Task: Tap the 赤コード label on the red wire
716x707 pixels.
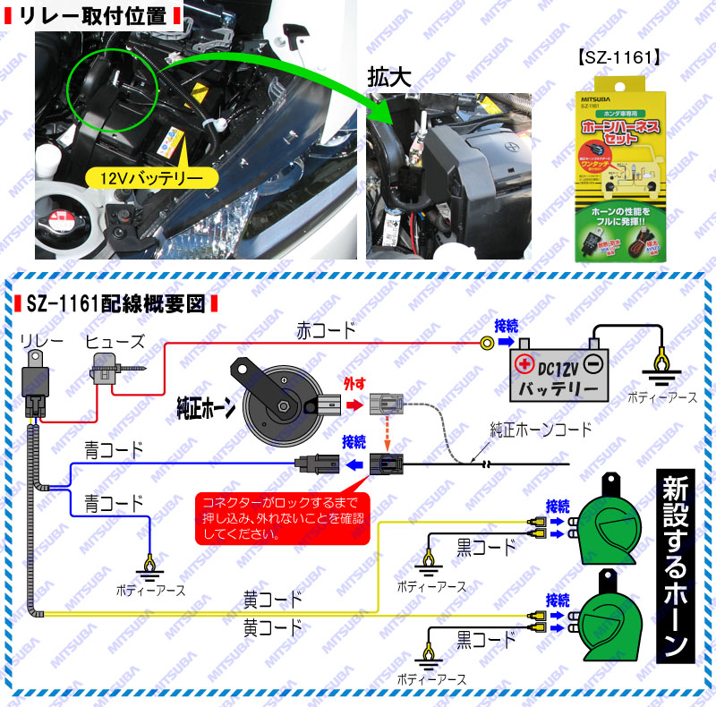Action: pos(326,330)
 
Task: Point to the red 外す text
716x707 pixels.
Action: pos(356,383)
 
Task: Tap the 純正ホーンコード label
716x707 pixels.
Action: pos(541,430)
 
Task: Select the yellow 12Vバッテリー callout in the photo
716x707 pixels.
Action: pos(153,176)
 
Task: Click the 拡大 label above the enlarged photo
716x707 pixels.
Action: pos(388,79)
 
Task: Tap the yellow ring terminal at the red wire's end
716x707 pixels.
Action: pos(487,342)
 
